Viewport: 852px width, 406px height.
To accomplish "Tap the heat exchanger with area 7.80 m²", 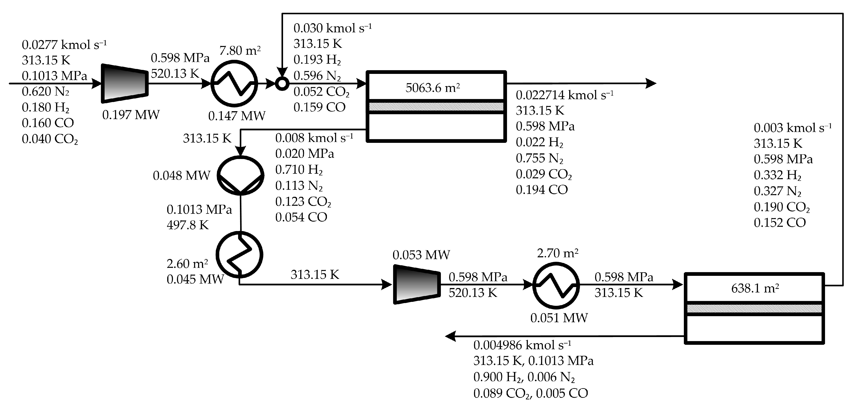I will pyautogui.click(x=234, y=83).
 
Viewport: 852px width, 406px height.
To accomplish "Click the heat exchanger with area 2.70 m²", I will pyautogui.click(x=556, y=285).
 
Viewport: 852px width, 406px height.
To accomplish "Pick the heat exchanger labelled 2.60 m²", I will pyautogui.click(x=239, y=254).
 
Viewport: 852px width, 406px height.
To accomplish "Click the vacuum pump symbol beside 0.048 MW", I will pyautogui.click(x=240, y=175).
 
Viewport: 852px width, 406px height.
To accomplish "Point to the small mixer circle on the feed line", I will pyautogui.click(x=282, y=84).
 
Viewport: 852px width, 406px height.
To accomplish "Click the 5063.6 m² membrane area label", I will pyautogui.click(x=433, y=88).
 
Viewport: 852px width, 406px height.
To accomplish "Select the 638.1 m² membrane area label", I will pyautogui.click(x=755, y=288).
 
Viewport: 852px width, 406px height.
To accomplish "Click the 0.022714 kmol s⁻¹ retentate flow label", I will pyautogui.click(x=564, y=95).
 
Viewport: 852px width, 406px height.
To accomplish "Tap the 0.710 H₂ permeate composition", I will pyautogui.click(x=299, y=170).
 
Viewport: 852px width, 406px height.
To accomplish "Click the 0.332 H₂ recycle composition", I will pyautogui.click(x=777, y=175).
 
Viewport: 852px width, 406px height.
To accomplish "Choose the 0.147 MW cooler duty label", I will pyautogui.click(x=237, y=116).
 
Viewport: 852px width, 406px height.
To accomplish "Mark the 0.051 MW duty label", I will pyautogui.click(x=559, y=318).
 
